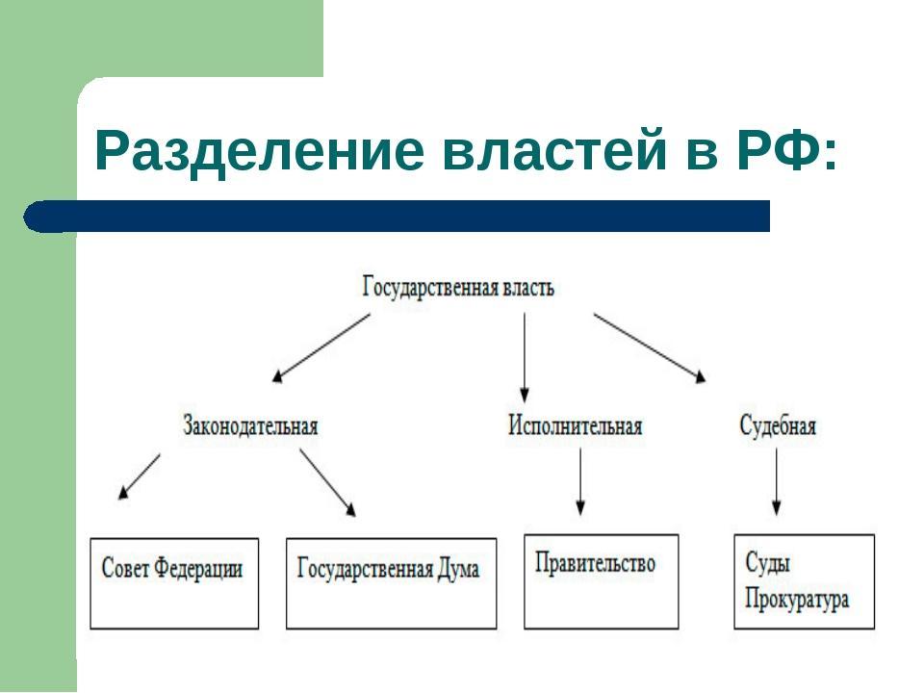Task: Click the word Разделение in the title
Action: [259, 151]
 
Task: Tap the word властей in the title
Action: [555, 150]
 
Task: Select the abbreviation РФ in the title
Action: [779, 150]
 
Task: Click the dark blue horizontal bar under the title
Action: [397, 216]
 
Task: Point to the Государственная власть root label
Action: [458, 288]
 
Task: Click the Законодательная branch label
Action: [250, 425]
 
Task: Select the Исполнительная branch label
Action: [575, 424]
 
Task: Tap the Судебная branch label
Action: [778, 424]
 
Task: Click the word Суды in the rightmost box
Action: [767, 563]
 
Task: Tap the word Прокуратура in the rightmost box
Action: [797, 599]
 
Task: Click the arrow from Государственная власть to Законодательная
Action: [321, 347]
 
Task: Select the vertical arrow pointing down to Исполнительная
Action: [524, 357]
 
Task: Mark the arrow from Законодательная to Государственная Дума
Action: [327, 483]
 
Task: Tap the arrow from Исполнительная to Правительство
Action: [580, 481]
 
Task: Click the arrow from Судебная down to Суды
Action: [776, 481]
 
